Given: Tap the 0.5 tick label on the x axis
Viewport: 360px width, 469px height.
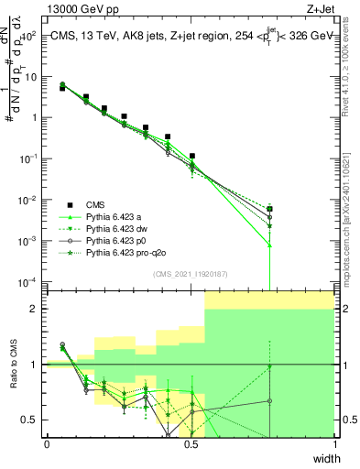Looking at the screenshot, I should click(191, 444).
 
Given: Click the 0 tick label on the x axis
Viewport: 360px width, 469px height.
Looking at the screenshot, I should click(47, 444).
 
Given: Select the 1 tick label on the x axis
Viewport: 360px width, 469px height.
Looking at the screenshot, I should click(334, 444).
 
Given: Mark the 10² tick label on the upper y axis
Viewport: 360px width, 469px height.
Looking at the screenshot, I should click(29, 37).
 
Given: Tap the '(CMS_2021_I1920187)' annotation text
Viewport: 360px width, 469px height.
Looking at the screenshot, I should click(191, 274).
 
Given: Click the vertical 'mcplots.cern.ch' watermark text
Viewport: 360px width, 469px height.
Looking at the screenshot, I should click(351, 202).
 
